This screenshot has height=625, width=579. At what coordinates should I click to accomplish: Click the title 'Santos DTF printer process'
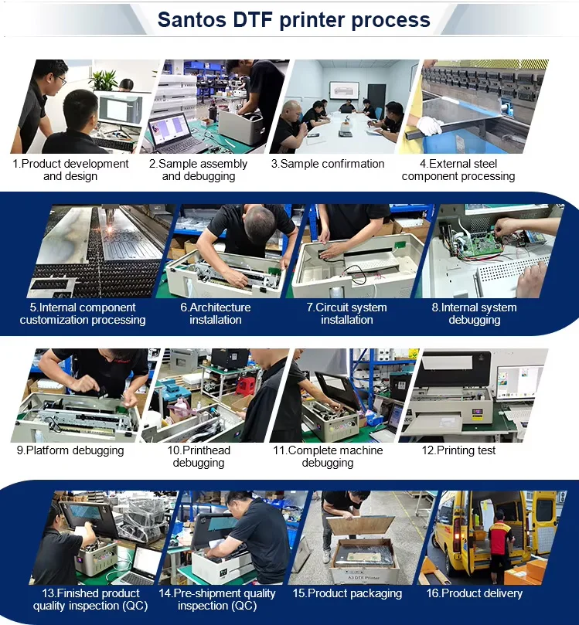point(294,20)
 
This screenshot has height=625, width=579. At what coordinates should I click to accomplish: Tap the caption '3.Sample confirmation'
point(328,164)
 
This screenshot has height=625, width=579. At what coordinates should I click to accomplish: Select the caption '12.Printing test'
point(458,450)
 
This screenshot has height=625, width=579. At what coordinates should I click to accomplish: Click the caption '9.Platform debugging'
point(70,450)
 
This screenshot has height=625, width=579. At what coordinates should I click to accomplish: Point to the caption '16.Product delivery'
point(474,593)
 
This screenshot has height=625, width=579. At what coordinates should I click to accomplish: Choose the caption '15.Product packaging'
point(347,593)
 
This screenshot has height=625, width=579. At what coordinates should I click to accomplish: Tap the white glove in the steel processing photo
point(429,124)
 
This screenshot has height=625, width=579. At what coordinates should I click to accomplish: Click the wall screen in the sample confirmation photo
point(344,91)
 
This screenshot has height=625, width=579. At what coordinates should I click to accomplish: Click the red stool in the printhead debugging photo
point(246,386)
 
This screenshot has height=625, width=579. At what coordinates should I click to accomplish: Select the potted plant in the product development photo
point(104,80)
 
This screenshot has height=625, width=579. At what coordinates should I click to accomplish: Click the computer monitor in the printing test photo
point(519,382)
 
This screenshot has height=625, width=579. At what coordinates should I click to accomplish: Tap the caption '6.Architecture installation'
point(216,314)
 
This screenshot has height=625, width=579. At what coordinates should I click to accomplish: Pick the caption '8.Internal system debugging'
point(474,314)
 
